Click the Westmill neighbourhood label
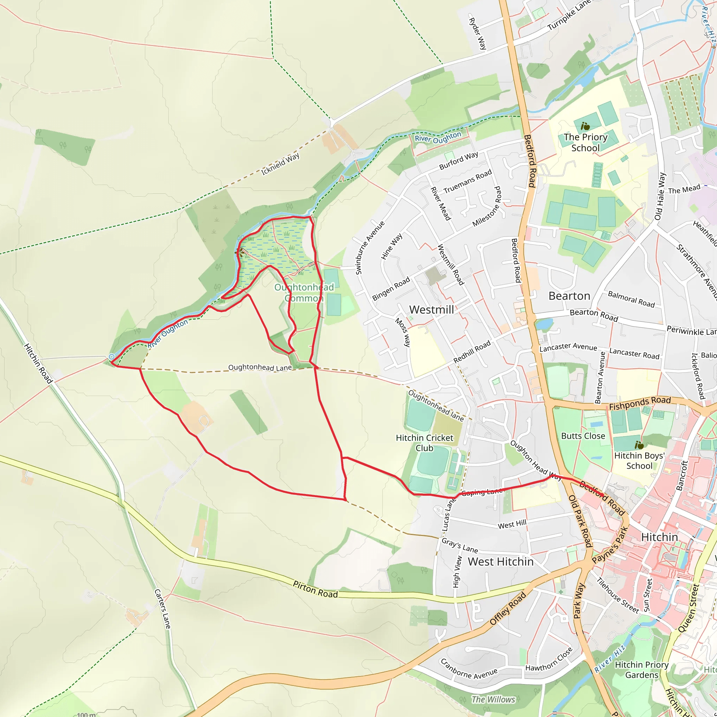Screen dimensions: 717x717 (x=431, y=309)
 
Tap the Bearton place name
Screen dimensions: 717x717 (x=569, y=296)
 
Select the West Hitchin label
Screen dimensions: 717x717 (x=500, y=562)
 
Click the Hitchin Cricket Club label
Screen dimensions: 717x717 (x=424, y=443)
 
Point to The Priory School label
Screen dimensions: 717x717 (x=585, y=142)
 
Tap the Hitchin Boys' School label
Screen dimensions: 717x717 (x=639, y=461)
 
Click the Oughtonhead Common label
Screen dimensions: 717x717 (x=304, y=292)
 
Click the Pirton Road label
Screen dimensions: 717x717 (x=315, y=589)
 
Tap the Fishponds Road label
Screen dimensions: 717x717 (x=640, y=403)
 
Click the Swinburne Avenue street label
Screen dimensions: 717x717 (x=370, y=248)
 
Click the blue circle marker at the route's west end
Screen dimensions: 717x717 (x=112, y=357)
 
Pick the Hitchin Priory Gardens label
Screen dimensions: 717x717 (x=641, y=669)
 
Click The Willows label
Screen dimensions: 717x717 (x=493, y=699)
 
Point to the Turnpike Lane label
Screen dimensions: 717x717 (x=569, y=15)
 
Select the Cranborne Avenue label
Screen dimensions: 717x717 (x=468, y=668)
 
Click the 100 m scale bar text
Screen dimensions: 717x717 (x=86, y=714)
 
